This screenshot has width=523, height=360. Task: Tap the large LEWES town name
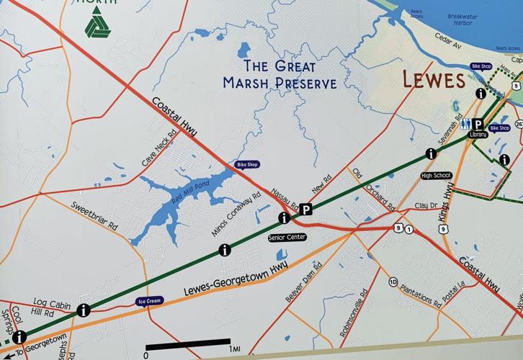point(434,79)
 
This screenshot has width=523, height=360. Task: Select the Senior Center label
point(287,237)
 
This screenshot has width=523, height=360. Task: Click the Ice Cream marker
point(149,301)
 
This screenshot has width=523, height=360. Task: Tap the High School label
point(437,175)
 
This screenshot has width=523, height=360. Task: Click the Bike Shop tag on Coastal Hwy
point(247,165)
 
